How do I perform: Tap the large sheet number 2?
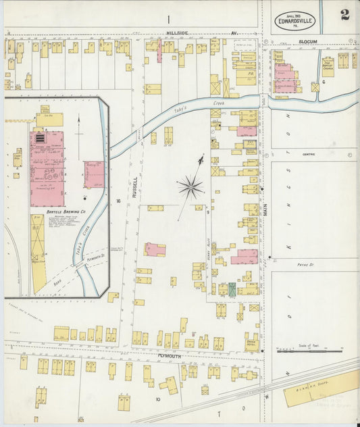pos(344,15)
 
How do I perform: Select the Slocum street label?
pos(308,41)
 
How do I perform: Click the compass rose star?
pos(191,186)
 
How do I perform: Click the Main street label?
pos(265,207)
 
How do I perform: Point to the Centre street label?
pos(310,153)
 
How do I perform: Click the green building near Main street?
pos(232,289)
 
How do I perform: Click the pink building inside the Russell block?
pos(155,249)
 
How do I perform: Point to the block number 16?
pos(118,201)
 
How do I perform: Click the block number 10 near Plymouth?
pos(157,399)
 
